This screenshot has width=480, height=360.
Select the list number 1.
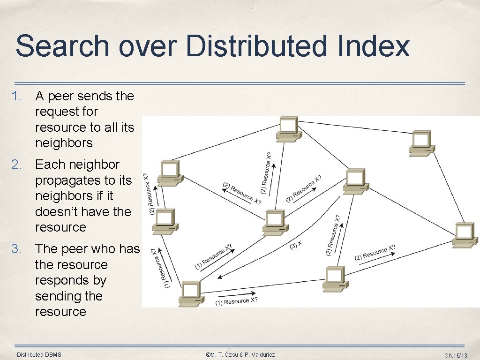[17, 96]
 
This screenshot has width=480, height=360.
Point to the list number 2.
[17, 165]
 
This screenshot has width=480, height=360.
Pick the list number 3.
[17, 249]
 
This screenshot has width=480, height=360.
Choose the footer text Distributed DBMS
[39, 354]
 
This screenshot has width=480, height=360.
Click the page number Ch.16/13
[456, 355]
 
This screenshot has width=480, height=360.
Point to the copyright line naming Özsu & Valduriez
[240, 354]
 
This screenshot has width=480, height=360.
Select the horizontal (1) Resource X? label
[236, 301]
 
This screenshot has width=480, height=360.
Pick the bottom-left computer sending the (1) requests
[190, 293]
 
